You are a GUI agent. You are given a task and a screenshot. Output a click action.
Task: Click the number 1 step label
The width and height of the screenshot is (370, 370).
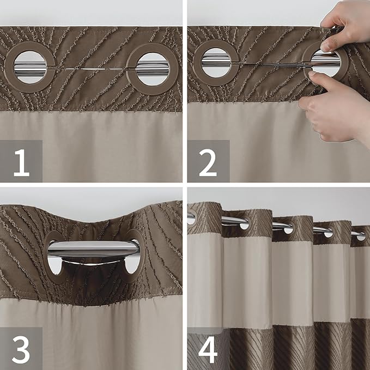[x=21, y=161]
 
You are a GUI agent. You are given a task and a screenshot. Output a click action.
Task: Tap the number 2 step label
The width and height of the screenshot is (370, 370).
[x=208, y=161]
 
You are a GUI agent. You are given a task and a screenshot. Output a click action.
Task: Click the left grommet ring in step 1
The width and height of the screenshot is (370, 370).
[x=29, y=68]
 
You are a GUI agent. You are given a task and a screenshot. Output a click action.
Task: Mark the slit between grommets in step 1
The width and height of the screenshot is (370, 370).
[x=90, y=69]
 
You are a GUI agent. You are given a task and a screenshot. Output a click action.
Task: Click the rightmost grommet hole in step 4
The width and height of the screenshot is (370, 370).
[x=361, y=236]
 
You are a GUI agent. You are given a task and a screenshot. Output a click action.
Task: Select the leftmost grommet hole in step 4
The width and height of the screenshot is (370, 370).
[x=191, y=218]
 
